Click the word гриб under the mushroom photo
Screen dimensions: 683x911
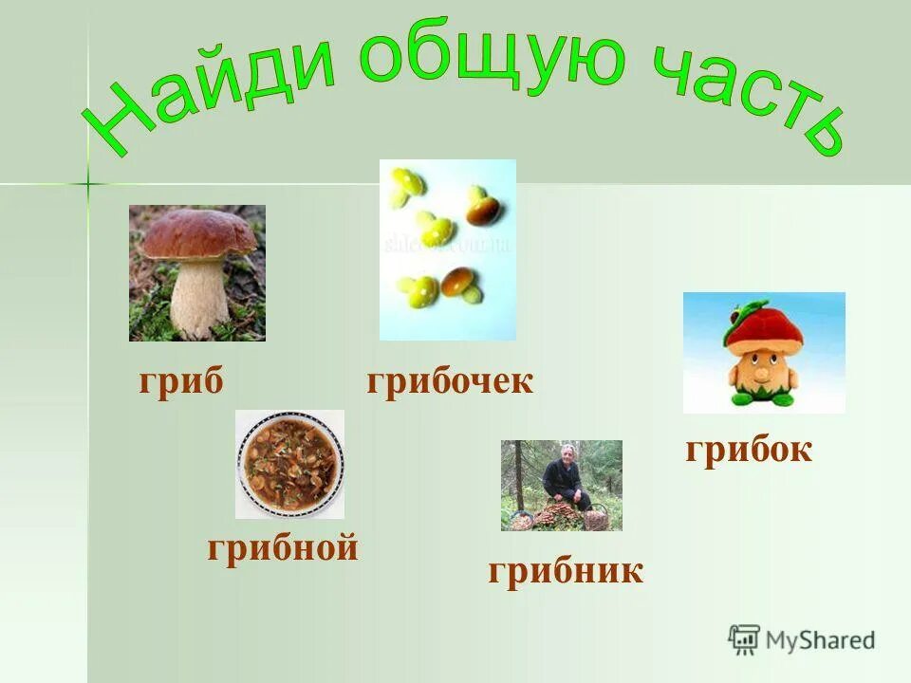coord(181,382)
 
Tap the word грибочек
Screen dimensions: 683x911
coord(450,382)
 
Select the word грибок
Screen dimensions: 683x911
coord(749,450)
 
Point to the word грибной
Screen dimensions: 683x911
coord(283,548)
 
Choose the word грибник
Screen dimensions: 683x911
coord(566,571)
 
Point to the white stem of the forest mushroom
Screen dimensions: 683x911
coord(199,299)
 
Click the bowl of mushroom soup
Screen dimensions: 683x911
coord(289,464)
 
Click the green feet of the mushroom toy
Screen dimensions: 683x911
coord(765,397)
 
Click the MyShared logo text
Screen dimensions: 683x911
coord(820,640)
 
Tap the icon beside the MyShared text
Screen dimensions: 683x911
coord(744,639)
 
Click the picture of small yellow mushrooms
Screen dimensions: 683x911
coord(447,249)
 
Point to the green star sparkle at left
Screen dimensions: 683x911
coord(87,182)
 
